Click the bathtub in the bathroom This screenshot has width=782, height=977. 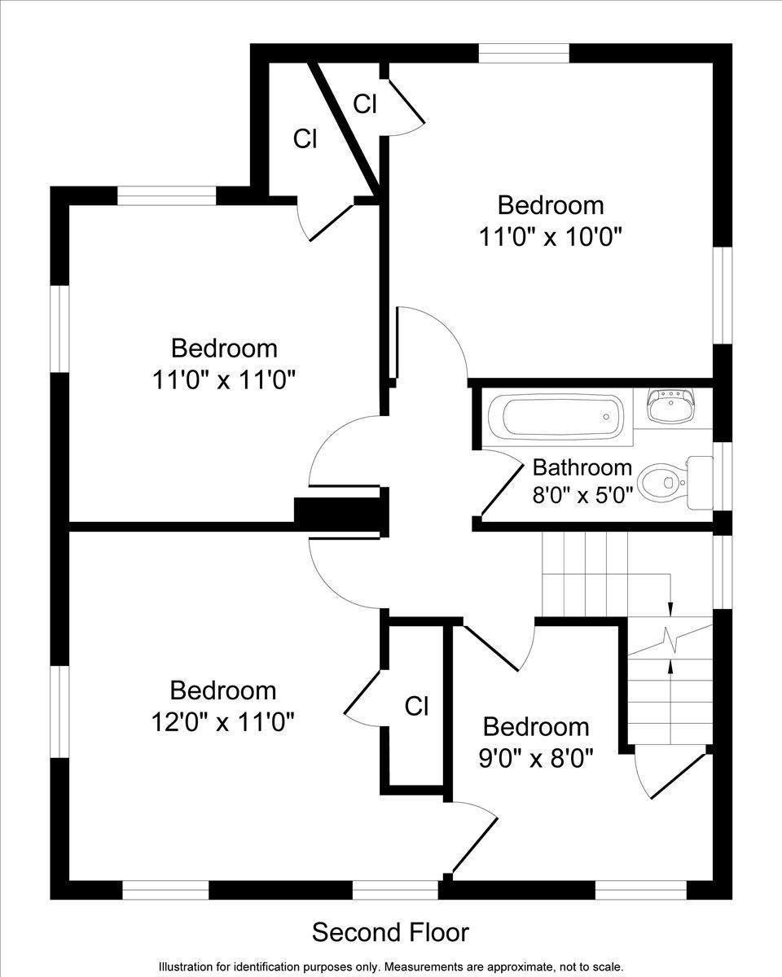[561, 417]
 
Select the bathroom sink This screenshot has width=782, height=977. [671, 405]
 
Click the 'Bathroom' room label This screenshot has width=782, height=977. [582, 467]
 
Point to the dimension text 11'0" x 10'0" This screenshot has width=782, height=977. [551, 237]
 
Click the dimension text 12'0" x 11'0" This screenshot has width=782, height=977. [222, 721]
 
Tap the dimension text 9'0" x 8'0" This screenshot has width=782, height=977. [535, 758]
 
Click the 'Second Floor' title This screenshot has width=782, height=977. [391, 931]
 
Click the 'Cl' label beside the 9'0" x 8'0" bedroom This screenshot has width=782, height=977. [416, 706]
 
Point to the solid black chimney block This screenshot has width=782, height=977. [337, 515]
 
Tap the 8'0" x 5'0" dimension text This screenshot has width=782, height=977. [582, 495]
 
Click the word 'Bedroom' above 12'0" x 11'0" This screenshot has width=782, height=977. [222, 690]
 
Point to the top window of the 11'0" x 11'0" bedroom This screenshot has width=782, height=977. [167, 195]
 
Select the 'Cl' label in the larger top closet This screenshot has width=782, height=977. [305, 139]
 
